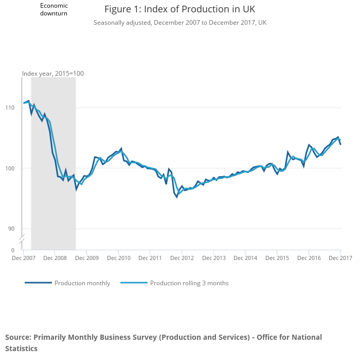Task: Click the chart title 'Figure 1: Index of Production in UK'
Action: (179, 9)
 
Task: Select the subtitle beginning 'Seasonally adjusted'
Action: (179, 23)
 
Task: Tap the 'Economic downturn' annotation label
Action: (54, 9)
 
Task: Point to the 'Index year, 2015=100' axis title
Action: (53, 74)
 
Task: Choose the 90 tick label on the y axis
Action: (12, 229)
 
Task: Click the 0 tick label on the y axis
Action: (13, 250)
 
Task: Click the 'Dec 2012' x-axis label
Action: (182, 258)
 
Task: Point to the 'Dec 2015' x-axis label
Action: (277, 258)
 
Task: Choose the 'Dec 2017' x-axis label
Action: (339, 258)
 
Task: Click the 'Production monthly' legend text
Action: (82, 283)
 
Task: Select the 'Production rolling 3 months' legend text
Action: (189, 283)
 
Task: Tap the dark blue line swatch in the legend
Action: (38, 283)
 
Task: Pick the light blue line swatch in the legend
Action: (134, 283)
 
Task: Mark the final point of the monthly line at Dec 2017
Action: (340, 145)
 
